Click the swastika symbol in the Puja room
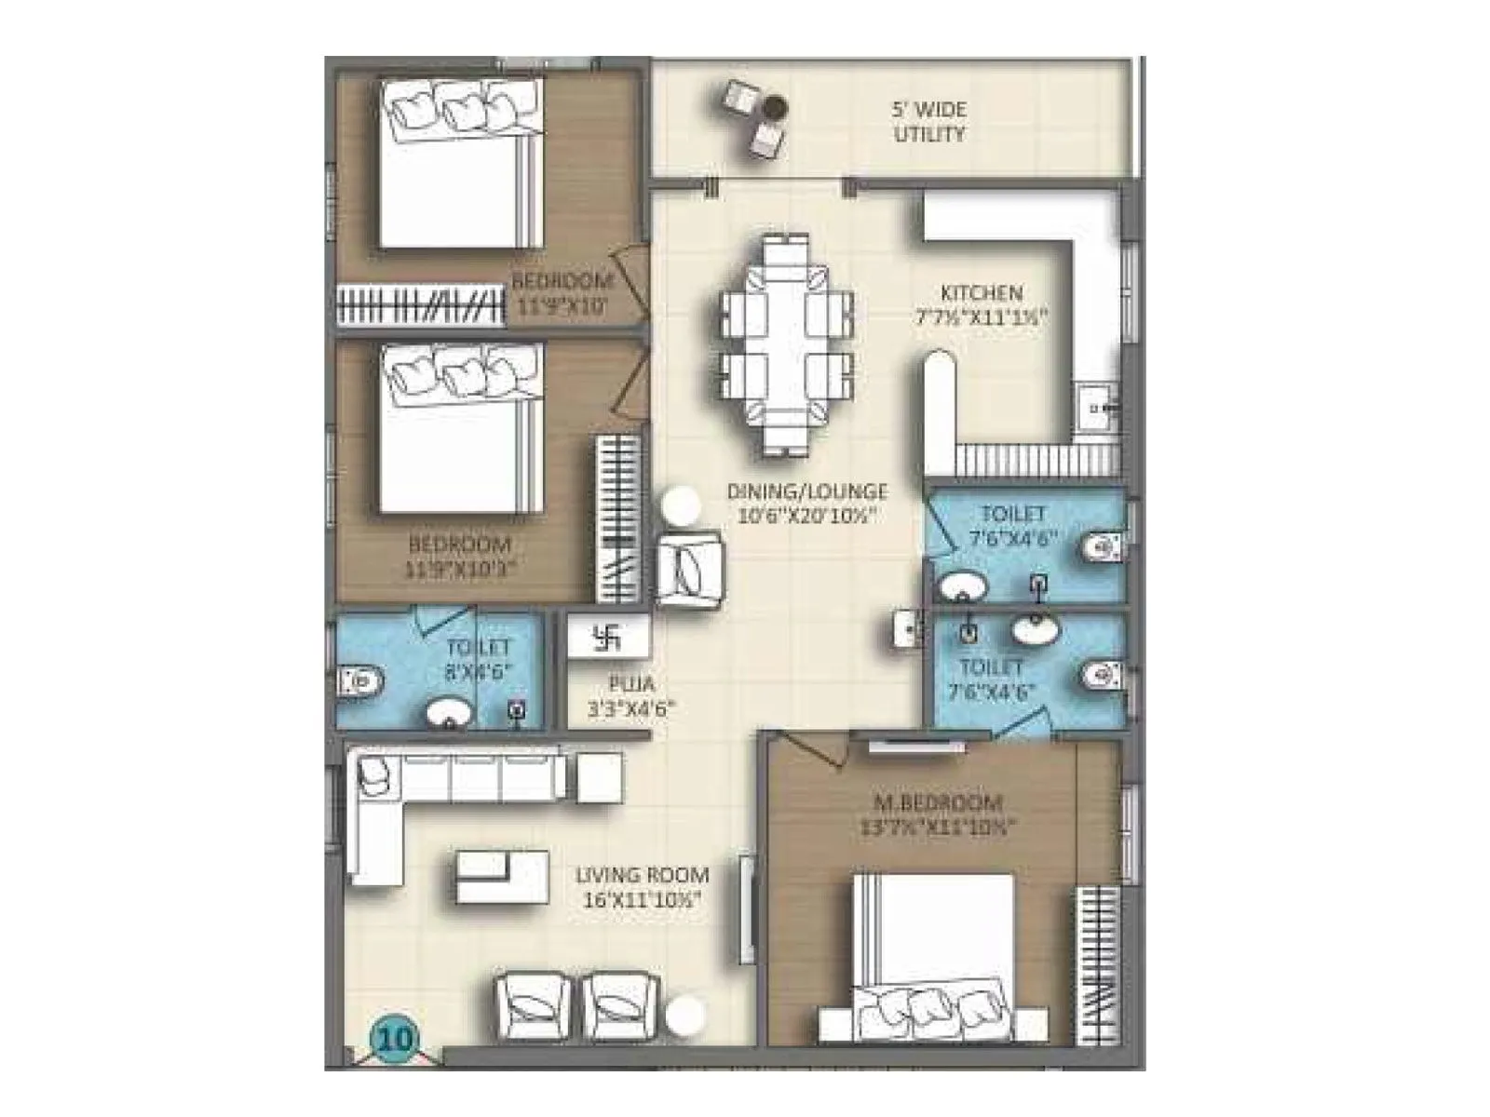point(607,638)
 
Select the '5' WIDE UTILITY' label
point(928,122)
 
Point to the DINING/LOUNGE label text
point(806,491)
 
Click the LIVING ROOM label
point(642,875)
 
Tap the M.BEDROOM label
point(937,802)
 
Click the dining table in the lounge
point(787,344)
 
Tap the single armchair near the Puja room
point(689,570)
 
